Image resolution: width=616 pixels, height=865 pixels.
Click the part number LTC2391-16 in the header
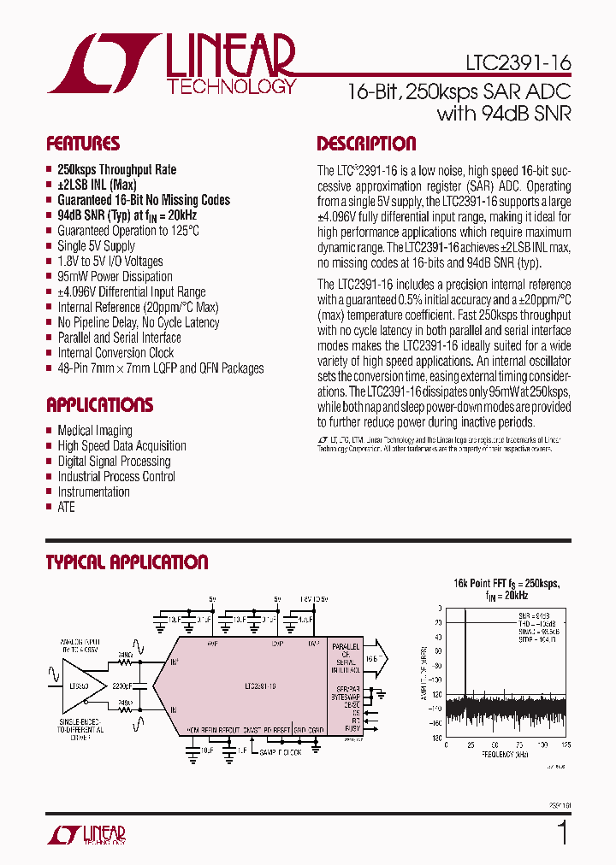point(519,63)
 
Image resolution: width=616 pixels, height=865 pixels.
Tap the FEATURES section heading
point(83,144)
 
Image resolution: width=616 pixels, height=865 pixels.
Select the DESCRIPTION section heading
point(366,144)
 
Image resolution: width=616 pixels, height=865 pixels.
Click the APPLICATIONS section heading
point(99,405)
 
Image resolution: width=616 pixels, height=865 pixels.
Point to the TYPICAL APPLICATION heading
point(127,562)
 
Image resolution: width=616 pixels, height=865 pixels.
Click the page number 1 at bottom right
point(562,832)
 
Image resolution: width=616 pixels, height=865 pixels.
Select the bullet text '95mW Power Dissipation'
point(115,277)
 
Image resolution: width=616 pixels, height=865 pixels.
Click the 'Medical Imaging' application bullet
point(95,431)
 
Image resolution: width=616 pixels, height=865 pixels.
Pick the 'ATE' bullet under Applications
point(66,507)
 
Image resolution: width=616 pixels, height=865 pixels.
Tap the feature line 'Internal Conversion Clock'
point(115,353)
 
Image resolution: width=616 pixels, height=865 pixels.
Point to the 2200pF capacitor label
point(121,686)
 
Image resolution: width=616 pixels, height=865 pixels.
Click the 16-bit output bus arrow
point(377,660)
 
